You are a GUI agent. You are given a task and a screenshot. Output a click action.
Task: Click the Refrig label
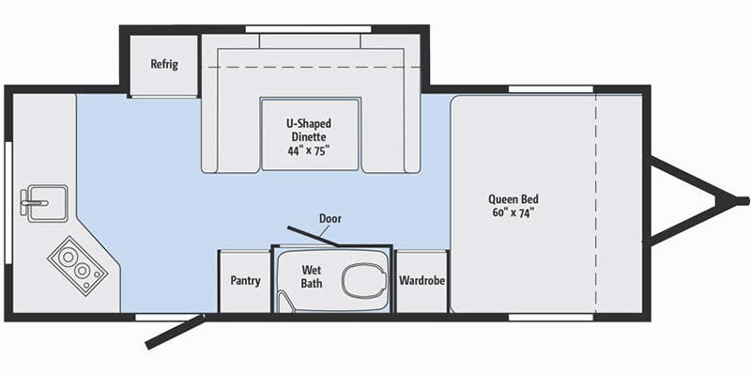point(164,65)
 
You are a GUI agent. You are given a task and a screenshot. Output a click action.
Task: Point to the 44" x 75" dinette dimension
point(309,149)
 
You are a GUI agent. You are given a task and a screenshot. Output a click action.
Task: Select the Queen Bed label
point(513,199)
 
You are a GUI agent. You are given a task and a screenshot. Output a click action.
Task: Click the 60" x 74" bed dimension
point(513,212)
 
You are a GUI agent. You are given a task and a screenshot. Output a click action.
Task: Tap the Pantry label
point(245,281)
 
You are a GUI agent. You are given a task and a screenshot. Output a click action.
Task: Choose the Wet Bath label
point(312,276)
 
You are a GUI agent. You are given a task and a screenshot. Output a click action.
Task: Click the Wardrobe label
point(421,281)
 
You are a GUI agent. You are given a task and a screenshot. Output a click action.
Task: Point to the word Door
point(330,219)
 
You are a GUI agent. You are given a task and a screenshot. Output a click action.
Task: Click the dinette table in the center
point(309,133)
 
